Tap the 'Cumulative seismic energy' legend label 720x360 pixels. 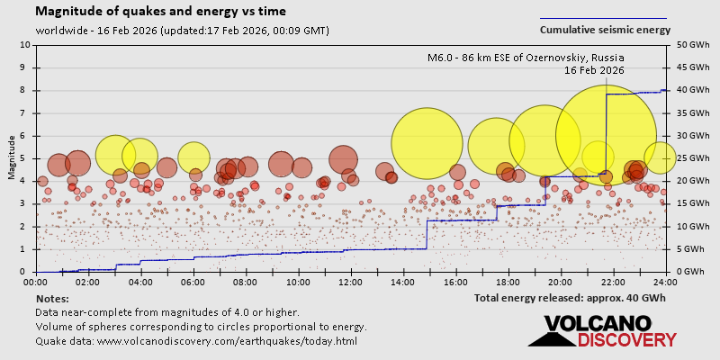[x=605, y=30]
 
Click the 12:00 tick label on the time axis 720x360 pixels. [x=351, y=282]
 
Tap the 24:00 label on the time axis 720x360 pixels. [x=665, y=282]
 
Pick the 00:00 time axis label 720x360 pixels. [x=37, y=282]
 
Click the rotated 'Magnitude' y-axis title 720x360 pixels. [x=12, y=157]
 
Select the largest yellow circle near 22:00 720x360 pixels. [x=606, y=135]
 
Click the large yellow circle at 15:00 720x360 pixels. [x=427, y=143]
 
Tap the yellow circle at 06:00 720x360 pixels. [x=193, y=157]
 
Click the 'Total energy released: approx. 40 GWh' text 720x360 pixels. [x=570, y=298]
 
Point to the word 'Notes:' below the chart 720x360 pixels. [x=53, y=298]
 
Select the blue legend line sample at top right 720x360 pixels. [x=603, y=17]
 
